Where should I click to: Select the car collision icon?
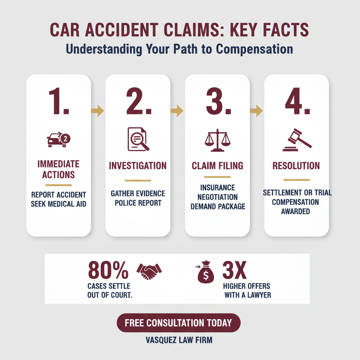58,140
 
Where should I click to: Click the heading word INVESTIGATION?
138,166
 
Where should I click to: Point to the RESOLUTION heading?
296,166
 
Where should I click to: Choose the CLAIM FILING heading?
217,166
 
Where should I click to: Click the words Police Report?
138,203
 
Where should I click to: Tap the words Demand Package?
218,206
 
